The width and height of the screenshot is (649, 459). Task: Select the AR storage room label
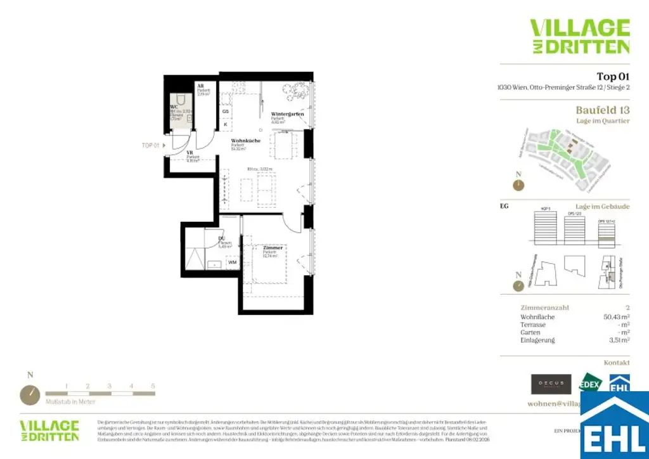200,85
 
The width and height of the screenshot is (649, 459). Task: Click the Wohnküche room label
243,141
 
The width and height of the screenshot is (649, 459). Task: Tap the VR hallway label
189,153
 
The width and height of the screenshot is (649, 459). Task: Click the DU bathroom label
222,238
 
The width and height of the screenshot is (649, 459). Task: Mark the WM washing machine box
232,261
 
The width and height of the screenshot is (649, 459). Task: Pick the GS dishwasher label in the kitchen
225,112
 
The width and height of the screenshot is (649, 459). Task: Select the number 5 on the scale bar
153,385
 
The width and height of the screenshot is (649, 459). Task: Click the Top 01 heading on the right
613,77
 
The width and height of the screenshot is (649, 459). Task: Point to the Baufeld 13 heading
602,109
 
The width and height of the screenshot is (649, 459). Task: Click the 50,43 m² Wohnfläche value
616,316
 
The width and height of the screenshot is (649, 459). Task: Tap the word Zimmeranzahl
544,307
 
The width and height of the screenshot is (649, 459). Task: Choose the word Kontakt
617,363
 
